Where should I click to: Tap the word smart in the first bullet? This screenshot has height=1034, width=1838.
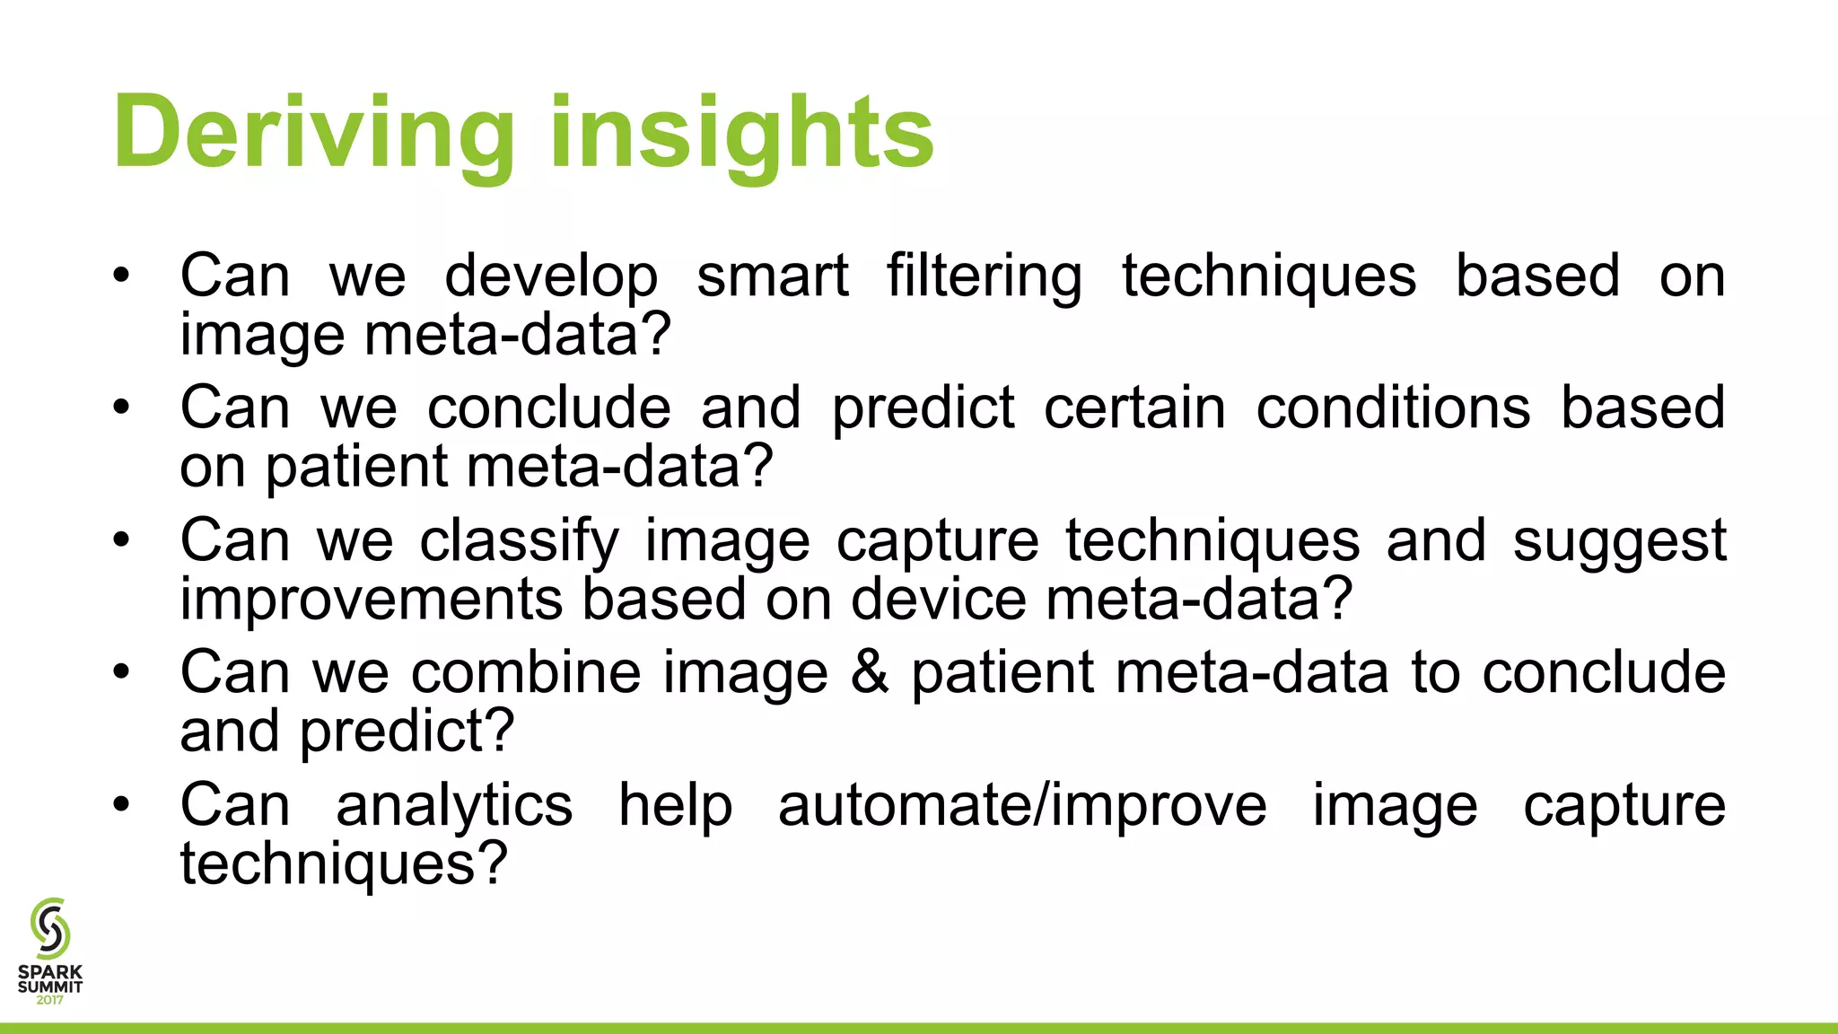pyautogui.click(x=772, y=276)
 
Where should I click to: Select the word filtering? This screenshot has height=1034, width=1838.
pyautogui.click(x=985, y=276)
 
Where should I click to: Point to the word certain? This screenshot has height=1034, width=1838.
pyautogui.click(x=1134, y=408)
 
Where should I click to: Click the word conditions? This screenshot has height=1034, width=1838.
pyautogui.click(x=1393, y=408)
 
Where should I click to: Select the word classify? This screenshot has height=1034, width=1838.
pyautogui.click(x=519, y=542)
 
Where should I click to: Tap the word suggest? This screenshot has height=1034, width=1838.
pyautogui.click(x=1619, y=542)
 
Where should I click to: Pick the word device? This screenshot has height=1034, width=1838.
pyautogui.click(x=938, y=599)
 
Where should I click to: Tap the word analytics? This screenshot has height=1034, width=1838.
pyautogui.click(x=454, y=806)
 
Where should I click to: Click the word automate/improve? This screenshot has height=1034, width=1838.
pyautogui.click(x=1022, y=806)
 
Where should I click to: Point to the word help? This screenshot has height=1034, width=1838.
pyautogui.click(x=675, y=806)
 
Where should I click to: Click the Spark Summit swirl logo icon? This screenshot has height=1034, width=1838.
pyautogui.click(x=49, y=928)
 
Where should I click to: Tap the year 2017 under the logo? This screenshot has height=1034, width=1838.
pyautogui.click(x=50, y=1000)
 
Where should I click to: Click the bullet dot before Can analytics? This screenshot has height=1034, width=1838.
pyautogui.click(x=122, y=804)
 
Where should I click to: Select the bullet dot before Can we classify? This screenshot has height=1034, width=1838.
pyautogui.click(x=122, y=539)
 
